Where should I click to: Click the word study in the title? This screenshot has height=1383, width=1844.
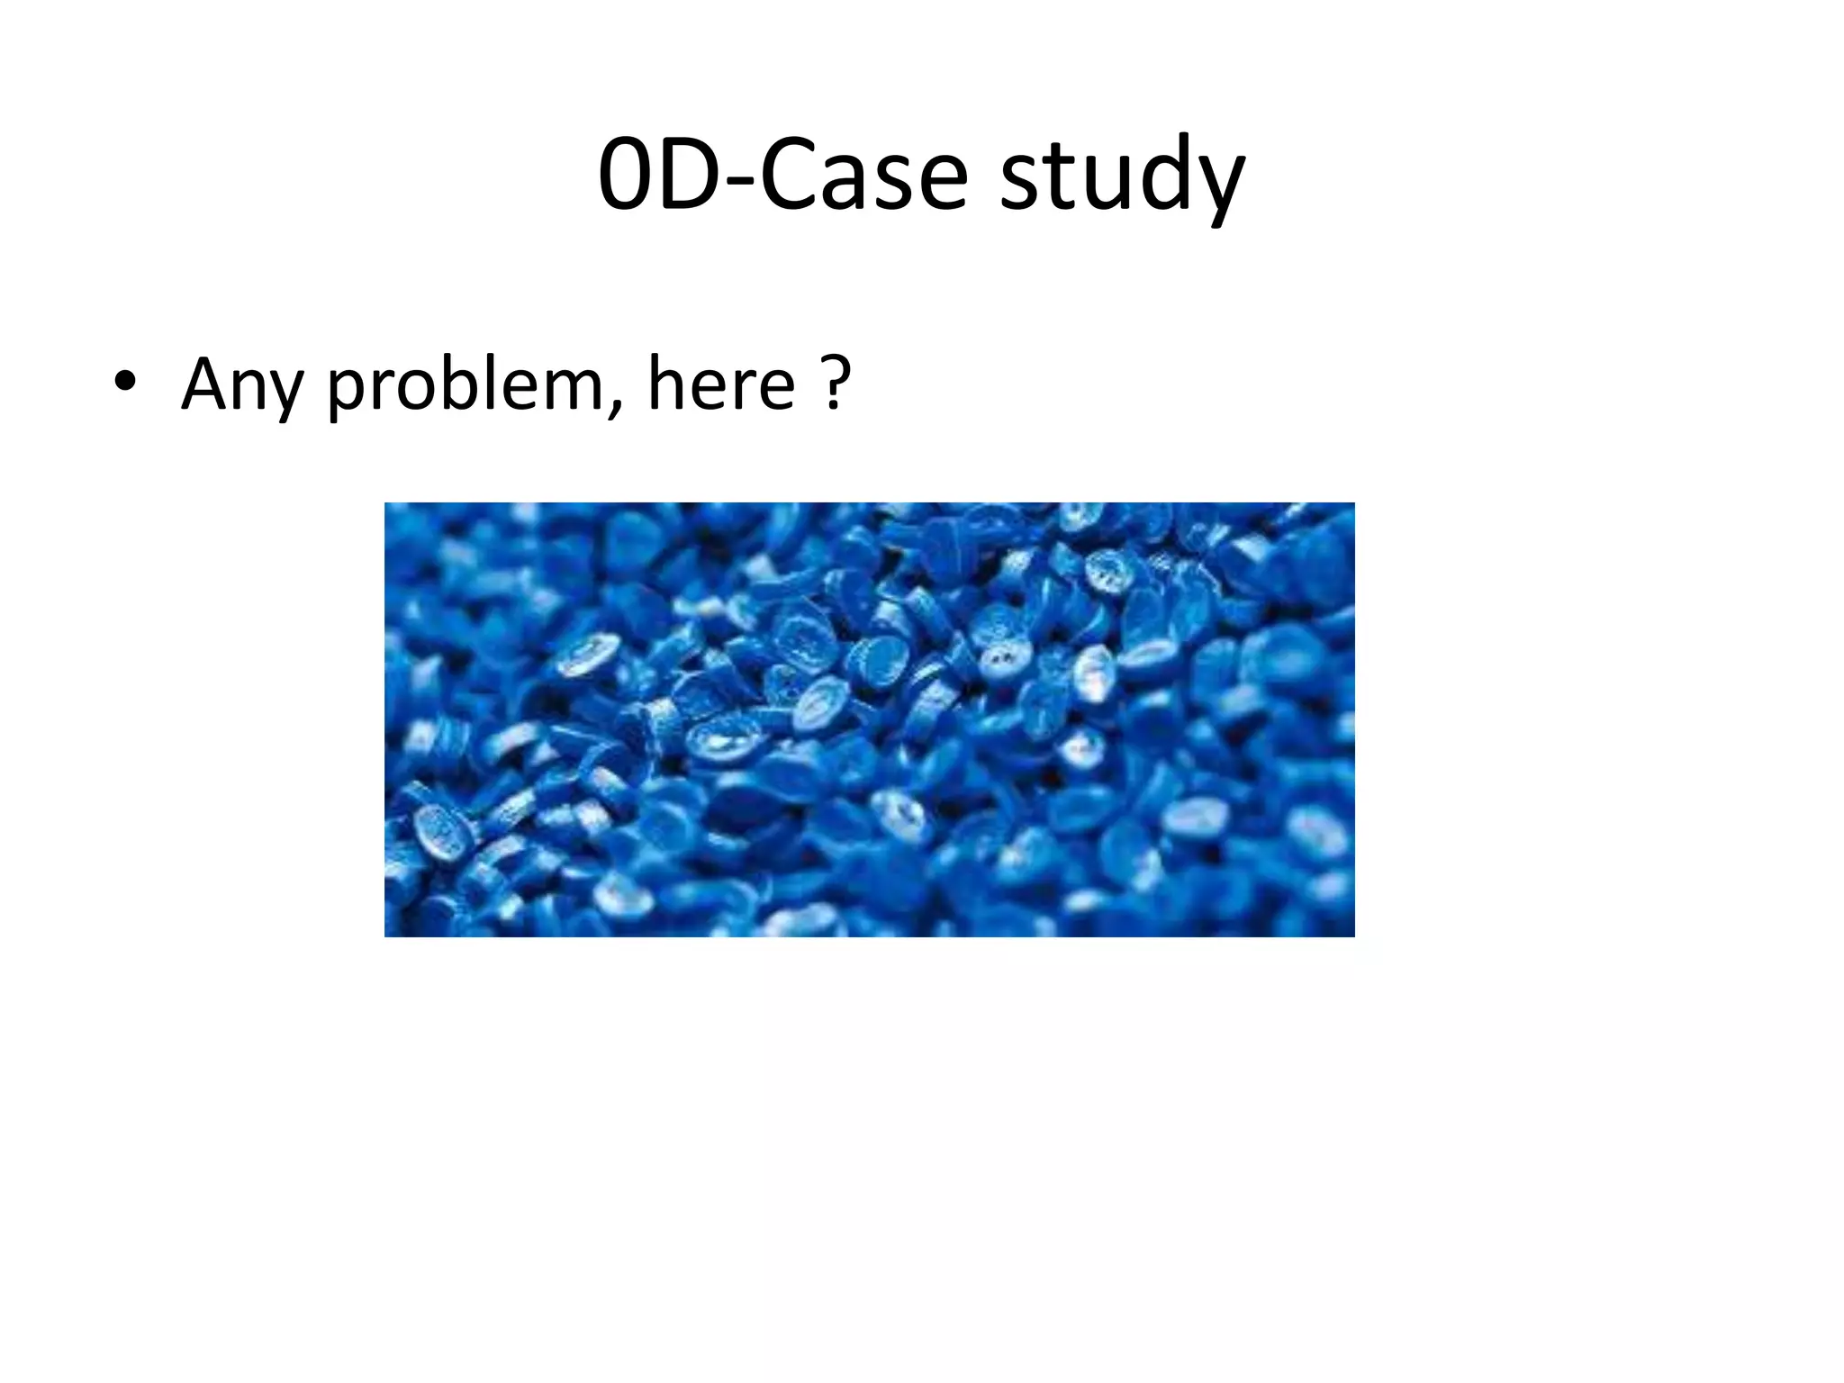click(1122, 176)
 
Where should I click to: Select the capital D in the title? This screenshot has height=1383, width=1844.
click(690, 175)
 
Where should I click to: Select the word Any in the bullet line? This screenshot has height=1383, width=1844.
click(240, 385)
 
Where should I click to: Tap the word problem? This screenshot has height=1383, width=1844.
click(465, 385)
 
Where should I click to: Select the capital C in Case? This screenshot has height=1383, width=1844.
click(788, 175)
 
